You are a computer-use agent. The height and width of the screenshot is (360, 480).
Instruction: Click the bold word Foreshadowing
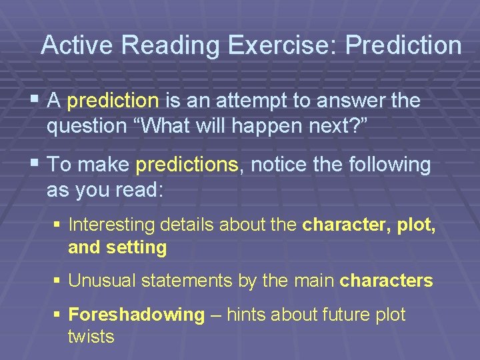click(136, 315)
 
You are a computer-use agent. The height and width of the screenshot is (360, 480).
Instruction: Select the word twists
click(91, 337)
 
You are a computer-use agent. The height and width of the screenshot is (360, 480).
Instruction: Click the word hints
click(251, 315)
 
